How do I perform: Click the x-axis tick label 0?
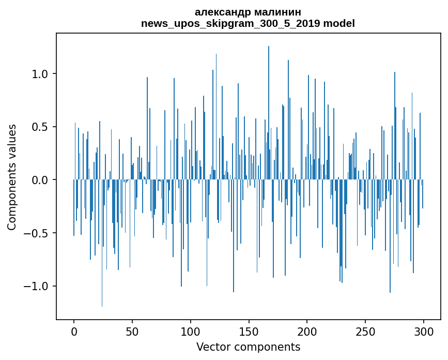coord(74,331)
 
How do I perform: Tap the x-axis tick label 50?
coord(132,331)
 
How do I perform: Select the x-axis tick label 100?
coord(191,331)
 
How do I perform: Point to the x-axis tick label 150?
coord(249,331)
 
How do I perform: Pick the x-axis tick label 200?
coord(307,331)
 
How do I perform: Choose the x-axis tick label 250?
coord(365,331)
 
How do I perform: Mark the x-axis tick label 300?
coord(424,331)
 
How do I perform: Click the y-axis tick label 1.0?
coord(40,74)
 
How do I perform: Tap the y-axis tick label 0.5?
coord(40,127)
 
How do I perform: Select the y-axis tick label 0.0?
coord(40,180)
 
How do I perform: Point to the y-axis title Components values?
coord(12,177)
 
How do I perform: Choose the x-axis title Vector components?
coord(248,347)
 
